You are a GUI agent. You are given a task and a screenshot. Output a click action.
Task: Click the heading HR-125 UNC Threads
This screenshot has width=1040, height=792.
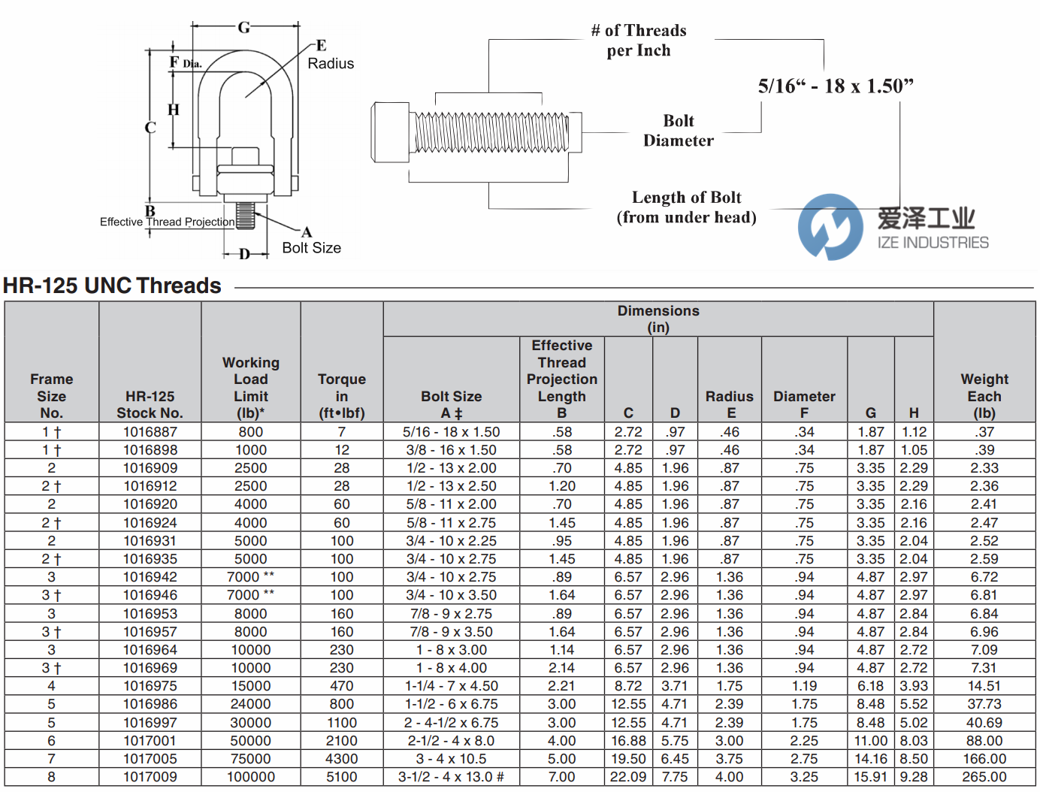[x=112, y=286]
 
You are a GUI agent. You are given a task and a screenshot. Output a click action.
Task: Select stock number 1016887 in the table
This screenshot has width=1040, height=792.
[x=150, y=432]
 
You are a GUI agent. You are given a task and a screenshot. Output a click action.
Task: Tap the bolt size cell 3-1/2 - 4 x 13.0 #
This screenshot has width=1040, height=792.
[x=451, y=777]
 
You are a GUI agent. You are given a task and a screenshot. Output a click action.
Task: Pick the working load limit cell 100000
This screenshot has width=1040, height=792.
[x=251, y=777]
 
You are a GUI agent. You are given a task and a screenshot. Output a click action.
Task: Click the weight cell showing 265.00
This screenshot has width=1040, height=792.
[x=984, y=777]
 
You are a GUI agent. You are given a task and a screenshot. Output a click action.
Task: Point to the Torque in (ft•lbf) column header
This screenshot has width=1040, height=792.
[x=341, y=396]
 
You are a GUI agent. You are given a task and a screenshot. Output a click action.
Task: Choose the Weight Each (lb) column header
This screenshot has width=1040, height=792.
[x=984, y=396]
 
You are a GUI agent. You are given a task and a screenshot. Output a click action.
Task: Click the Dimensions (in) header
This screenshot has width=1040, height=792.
[x=658, y=319]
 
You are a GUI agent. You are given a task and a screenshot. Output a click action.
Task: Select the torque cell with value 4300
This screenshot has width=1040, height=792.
[x=341, y=759]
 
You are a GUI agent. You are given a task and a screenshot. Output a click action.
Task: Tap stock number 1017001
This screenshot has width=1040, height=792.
[x=150, y=741]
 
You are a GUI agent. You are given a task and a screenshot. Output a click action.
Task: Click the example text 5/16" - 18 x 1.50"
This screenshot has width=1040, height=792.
[x=835, y=86]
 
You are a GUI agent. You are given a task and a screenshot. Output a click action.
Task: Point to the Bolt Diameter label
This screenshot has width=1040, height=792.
[x=678, y=131]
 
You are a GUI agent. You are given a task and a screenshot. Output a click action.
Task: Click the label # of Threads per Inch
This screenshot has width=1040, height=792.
[x=638, y=41]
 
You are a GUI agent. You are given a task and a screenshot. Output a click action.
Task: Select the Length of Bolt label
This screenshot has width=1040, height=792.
[x=686, y=207]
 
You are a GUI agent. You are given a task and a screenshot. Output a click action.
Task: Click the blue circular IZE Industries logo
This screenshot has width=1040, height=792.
[x=830, y=227]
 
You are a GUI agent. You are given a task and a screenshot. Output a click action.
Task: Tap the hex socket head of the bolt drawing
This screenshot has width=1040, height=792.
[x=391, y=132]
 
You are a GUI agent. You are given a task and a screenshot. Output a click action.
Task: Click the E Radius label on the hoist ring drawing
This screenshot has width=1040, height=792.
[x=329, y=56]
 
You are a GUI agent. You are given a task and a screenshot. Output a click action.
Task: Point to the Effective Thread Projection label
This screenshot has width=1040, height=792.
[x=167, y=222]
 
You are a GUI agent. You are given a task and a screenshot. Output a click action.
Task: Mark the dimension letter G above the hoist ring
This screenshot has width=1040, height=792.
[x=244, y=28]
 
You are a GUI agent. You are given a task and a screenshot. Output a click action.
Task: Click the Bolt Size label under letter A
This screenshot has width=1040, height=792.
[x=311, y=248]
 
